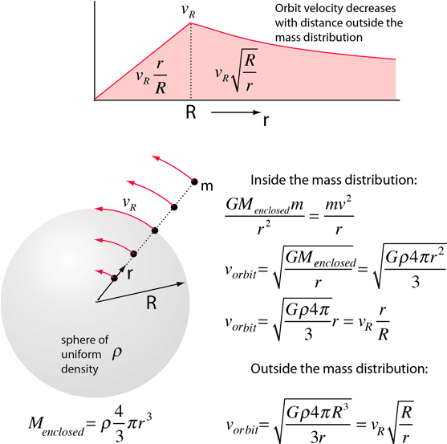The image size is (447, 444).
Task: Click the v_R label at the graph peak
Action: click(189, 10)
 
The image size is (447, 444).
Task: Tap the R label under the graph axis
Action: click(191, 112)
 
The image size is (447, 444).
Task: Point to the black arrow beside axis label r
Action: click(236, 112)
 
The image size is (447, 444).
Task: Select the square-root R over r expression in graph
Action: click(236, 70)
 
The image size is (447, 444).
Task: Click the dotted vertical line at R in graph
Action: click(191, 61)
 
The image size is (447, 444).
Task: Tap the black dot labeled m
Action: click(194, 181)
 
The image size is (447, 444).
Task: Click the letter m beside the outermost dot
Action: click(207, 186)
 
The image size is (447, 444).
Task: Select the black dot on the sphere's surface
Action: click(155, 230)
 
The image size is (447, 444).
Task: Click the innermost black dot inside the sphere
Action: click(114, 278)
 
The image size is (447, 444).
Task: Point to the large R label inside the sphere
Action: click(152, 303)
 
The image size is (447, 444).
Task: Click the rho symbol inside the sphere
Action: click(117, 353)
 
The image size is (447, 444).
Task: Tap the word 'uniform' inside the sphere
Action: click(81, 354)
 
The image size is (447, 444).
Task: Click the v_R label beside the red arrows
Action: click(129, 204)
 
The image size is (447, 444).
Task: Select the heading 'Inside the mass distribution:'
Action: click(334, 180)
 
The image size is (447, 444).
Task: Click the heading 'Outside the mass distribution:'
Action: click(339, 369)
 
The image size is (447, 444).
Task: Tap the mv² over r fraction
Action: click(339, 216)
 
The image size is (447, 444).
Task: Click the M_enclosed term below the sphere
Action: click(56, 425)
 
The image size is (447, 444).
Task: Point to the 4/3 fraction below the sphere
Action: click(120, 424)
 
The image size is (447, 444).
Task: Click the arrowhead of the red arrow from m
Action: click(156, 157)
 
